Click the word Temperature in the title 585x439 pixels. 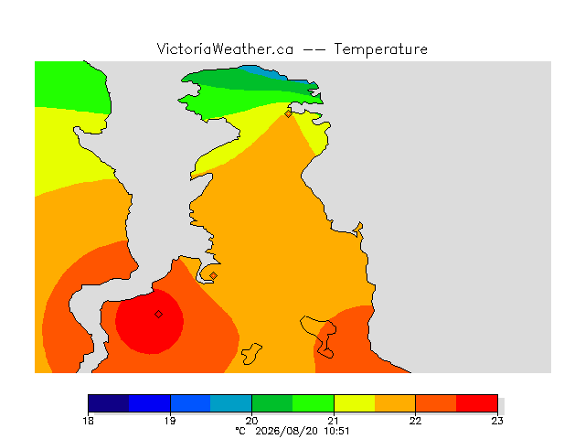[380, 49]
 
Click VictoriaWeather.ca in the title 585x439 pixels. [225, 49]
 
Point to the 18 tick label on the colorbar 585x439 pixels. [88, 421]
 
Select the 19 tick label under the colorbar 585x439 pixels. [170, 421]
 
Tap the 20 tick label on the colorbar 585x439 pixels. [252, 421]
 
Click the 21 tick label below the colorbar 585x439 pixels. [334, 421]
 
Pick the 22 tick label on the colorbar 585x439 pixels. [415, 421]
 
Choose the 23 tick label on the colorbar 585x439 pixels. [497, 421]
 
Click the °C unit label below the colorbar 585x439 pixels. [240, 431]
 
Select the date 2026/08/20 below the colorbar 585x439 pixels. [286, 431]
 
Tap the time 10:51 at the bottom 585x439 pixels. [336, 431]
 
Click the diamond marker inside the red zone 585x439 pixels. [158, 315]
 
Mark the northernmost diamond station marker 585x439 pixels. [288, 113]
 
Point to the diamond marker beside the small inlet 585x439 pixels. [213, 276]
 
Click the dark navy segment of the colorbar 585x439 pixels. [109, 403]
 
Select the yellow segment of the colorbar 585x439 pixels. [354, 403]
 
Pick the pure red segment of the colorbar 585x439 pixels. [477, 403]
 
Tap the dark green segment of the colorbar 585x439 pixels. [272, 403]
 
